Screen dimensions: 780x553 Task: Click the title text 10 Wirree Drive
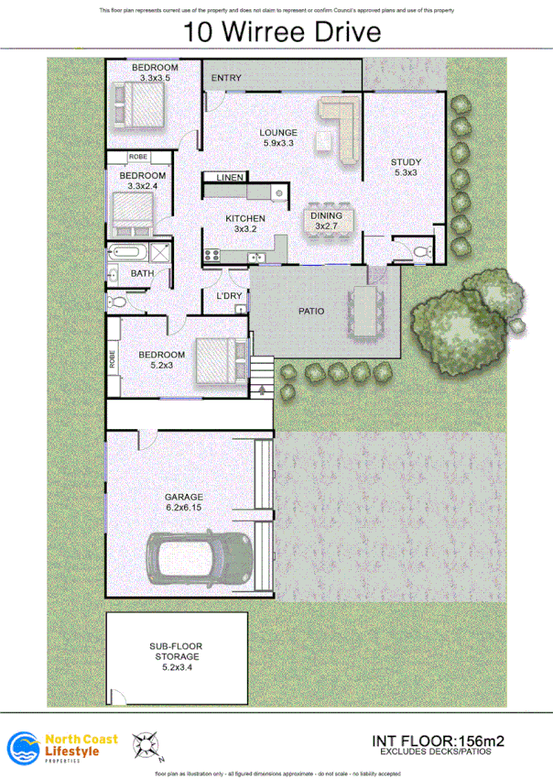[281, 33]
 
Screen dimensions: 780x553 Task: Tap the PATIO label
[311, 311]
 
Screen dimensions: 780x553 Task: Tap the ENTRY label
[226, 79]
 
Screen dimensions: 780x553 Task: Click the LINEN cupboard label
[228, 177]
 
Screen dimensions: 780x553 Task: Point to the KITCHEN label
[245, 218]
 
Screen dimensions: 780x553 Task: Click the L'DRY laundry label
[228, 295]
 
